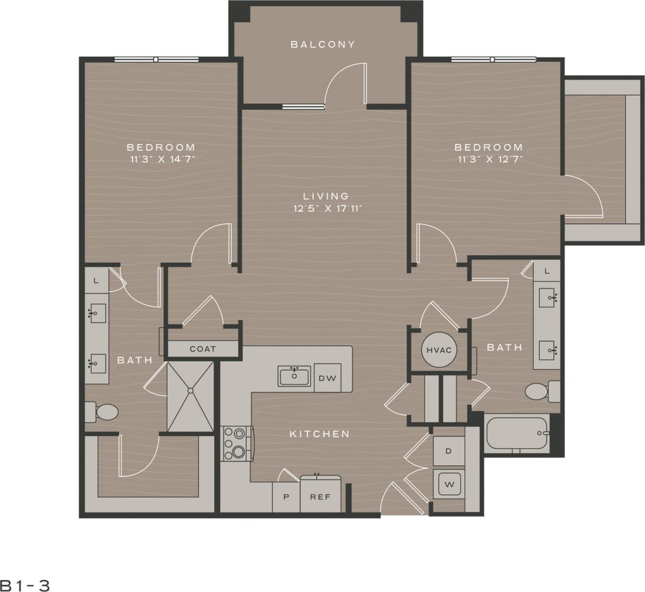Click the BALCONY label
[x=323, y=44]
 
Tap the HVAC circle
[x=437, y=350]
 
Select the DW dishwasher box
[x=327, y=378]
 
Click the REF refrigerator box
[x=320, y=497]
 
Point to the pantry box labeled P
[x=286, y=497]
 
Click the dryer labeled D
[x=449, y=451]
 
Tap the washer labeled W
[x=449, y=484]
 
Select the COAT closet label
[x=203, y=349]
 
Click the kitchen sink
[x=295, y=376]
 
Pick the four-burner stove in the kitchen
[x=236, y=443]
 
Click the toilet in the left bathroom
[x=104, y=412]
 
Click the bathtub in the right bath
[x=516, y=433]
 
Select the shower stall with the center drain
[x=190, y=397]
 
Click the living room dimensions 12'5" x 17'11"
[x=326, y=208]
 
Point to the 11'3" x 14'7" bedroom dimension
[x=161, y=159]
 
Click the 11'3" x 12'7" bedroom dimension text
[x=488, y=159]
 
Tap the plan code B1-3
[x=25, y=585]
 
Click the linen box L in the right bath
[x=547, y=271]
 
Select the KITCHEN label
[x=320, y=434]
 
